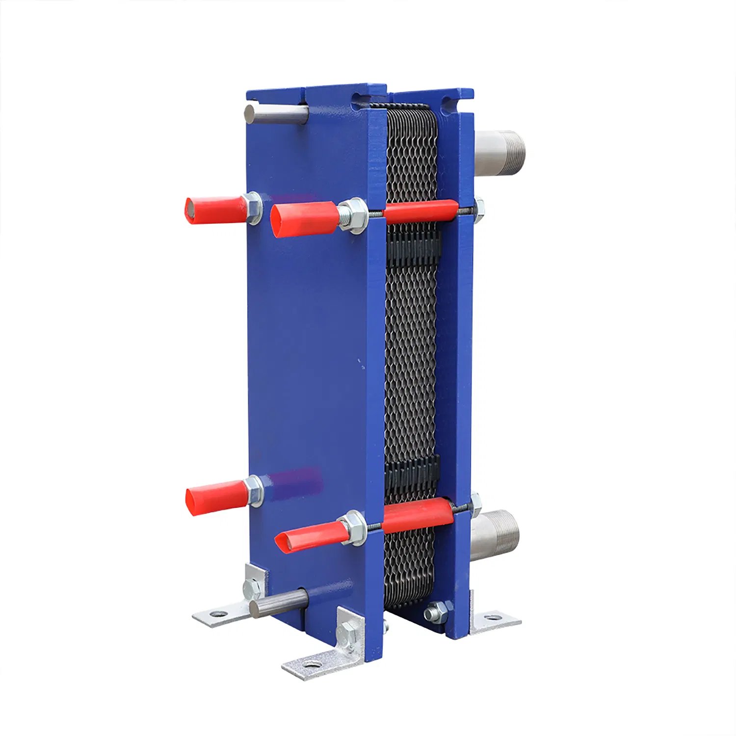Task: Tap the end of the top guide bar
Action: [250, 113]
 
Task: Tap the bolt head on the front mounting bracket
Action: [347, 633]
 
